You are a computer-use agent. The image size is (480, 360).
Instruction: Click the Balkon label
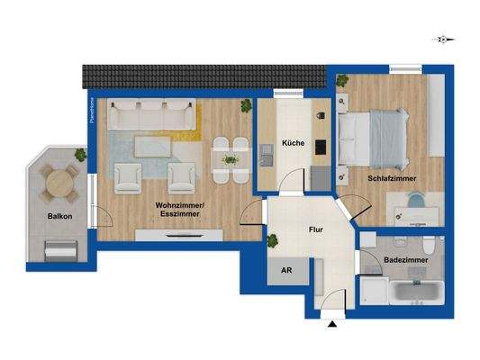coord(60,217)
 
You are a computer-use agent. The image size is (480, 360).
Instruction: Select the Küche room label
coord(292,143)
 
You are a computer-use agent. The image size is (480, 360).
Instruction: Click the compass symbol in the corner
coord(443,39)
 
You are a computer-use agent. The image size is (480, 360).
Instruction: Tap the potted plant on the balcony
coord(80,156)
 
